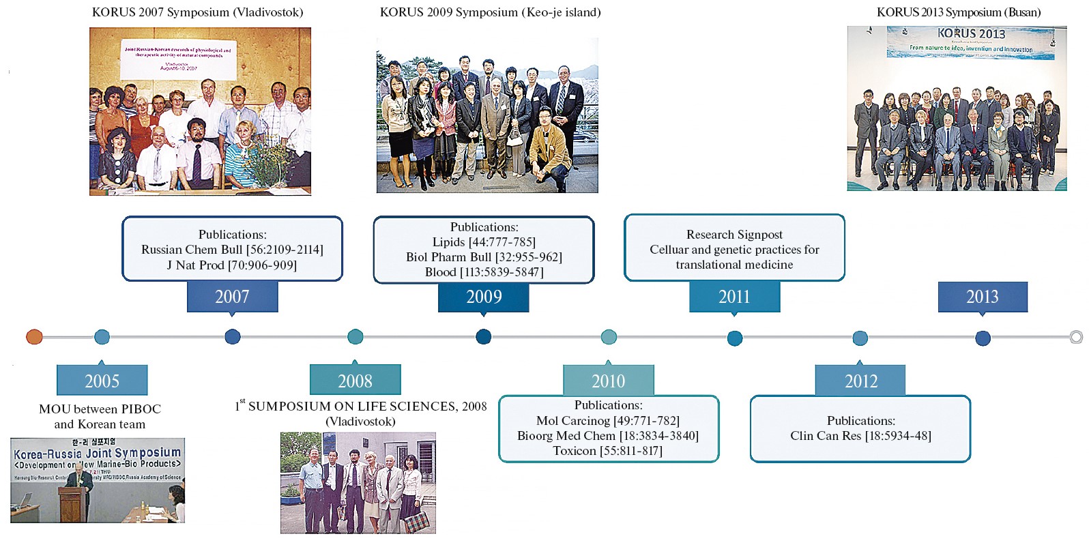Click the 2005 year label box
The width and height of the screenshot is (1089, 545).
click(102, 381)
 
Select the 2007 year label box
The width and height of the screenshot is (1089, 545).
click(232, 297)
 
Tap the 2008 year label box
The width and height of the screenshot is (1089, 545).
click(355, 381)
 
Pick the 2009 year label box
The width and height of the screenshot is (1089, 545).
click(483, 297)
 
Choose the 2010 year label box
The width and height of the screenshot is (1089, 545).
click(608, 381)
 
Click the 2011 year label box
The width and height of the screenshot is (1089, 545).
click(734, 297)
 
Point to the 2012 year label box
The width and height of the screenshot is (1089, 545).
click(860, 381)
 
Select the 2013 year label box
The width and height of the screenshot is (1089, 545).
click(982, 297)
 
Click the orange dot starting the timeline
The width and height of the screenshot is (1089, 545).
click(34, 336)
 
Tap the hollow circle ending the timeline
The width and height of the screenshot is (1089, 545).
click(1076, 337)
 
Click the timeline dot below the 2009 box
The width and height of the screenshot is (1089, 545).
click(483, 336)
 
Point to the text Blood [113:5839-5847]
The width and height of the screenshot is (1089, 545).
click(484, 272)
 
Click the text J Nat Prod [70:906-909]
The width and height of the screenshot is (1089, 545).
click(232, 265)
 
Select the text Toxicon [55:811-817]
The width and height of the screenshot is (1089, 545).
click(607, 451)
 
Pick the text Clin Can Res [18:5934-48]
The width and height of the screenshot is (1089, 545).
click(860, 436)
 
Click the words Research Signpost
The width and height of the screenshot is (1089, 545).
click(734, 235)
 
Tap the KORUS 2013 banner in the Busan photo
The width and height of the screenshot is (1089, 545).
click(970, 42)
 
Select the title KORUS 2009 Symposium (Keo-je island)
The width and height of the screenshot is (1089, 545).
click(490, 12)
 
